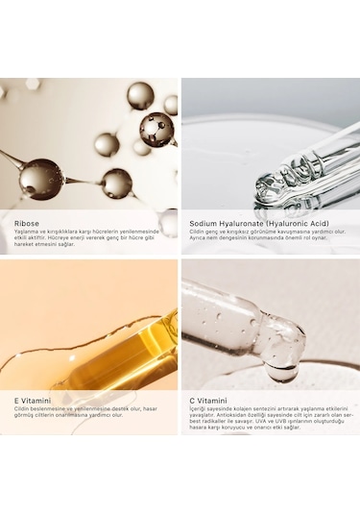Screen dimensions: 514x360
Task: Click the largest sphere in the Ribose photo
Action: click(x=40, y=179)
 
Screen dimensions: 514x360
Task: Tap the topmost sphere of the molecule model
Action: click(x=140, y=95)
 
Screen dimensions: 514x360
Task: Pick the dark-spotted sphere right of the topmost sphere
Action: click(x=156, y=128)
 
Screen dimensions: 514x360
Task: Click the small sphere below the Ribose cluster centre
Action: click(x=117, y=183)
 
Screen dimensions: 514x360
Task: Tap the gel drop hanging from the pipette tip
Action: click(x=282, y=367)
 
